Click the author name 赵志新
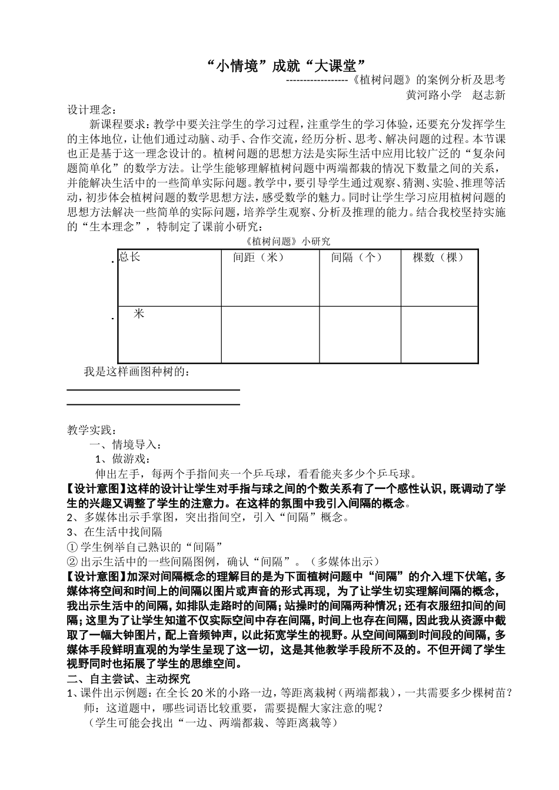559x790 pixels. point(489,95)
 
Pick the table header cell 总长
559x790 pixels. point(129,257)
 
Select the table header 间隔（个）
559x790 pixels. point(357,257)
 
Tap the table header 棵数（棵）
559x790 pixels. point(439,257)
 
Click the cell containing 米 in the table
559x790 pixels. point(139,314)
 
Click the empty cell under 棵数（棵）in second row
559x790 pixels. point(439,334)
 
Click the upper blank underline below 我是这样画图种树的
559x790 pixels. point(153,389)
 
